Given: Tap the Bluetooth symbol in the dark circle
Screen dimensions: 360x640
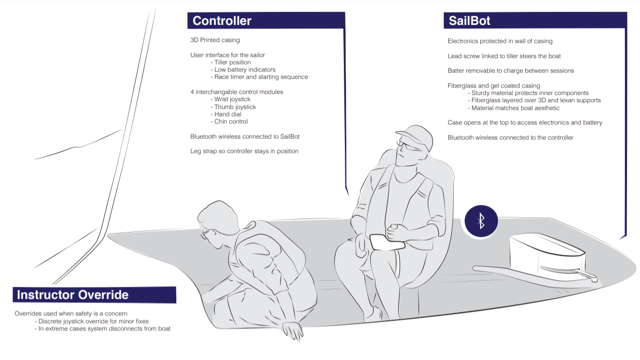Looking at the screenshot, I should click(481, 221).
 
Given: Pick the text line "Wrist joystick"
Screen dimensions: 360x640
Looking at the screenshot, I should click(232, 100).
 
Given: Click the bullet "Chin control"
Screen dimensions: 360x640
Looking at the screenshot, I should click(231, 122).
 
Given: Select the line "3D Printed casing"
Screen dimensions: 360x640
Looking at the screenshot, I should click(215, 40).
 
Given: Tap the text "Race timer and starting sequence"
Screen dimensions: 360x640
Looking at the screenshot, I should click(261, 77).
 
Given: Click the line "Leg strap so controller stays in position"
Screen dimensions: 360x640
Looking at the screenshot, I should click(244, 151).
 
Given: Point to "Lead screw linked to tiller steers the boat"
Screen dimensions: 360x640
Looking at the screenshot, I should click(504, 56).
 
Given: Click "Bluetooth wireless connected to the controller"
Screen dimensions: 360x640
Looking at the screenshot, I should click(510, 137).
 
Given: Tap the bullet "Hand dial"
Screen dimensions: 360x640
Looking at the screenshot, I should click(228, 114).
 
